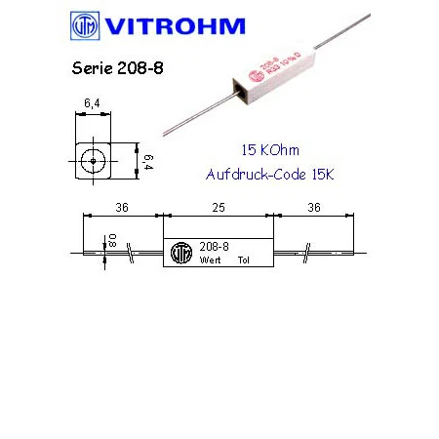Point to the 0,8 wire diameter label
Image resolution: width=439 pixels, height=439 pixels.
tap(112, 240)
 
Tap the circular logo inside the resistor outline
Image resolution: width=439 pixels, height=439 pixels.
tap(180, 254)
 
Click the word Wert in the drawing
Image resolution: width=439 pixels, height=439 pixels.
tap(210, 261)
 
